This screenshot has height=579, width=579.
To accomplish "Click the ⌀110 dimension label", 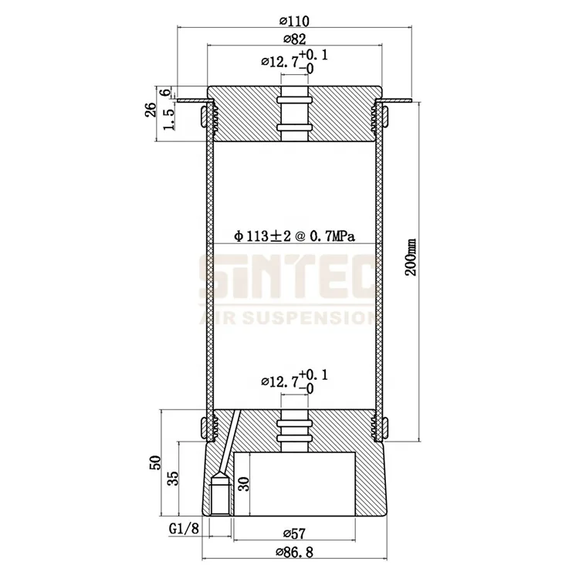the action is pos(294,21).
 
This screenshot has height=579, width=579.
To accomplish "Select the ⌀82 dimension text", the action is pos(295,39).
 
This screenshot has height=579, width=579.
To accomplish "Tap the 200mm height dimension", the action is pos(411,257).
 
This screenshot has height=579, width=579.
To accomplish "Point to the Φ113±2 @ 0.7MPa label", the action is pos(294,236).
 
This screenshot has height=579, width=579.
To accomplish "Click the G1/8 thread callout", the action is pos(184,529).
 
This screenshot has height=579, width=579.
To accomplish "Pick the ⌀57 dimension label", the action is pos(295,533).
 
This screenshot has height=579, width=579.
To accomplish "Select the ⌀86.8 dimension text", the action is pos(294,553).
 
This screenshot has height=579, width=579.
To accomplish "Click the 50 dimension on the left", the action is pos(155,462).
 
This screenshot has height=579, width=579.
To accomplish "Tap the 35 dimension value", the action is pos(173,478).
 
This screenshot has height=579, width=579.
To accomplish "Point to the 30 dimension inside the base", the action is pos(244,484).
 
